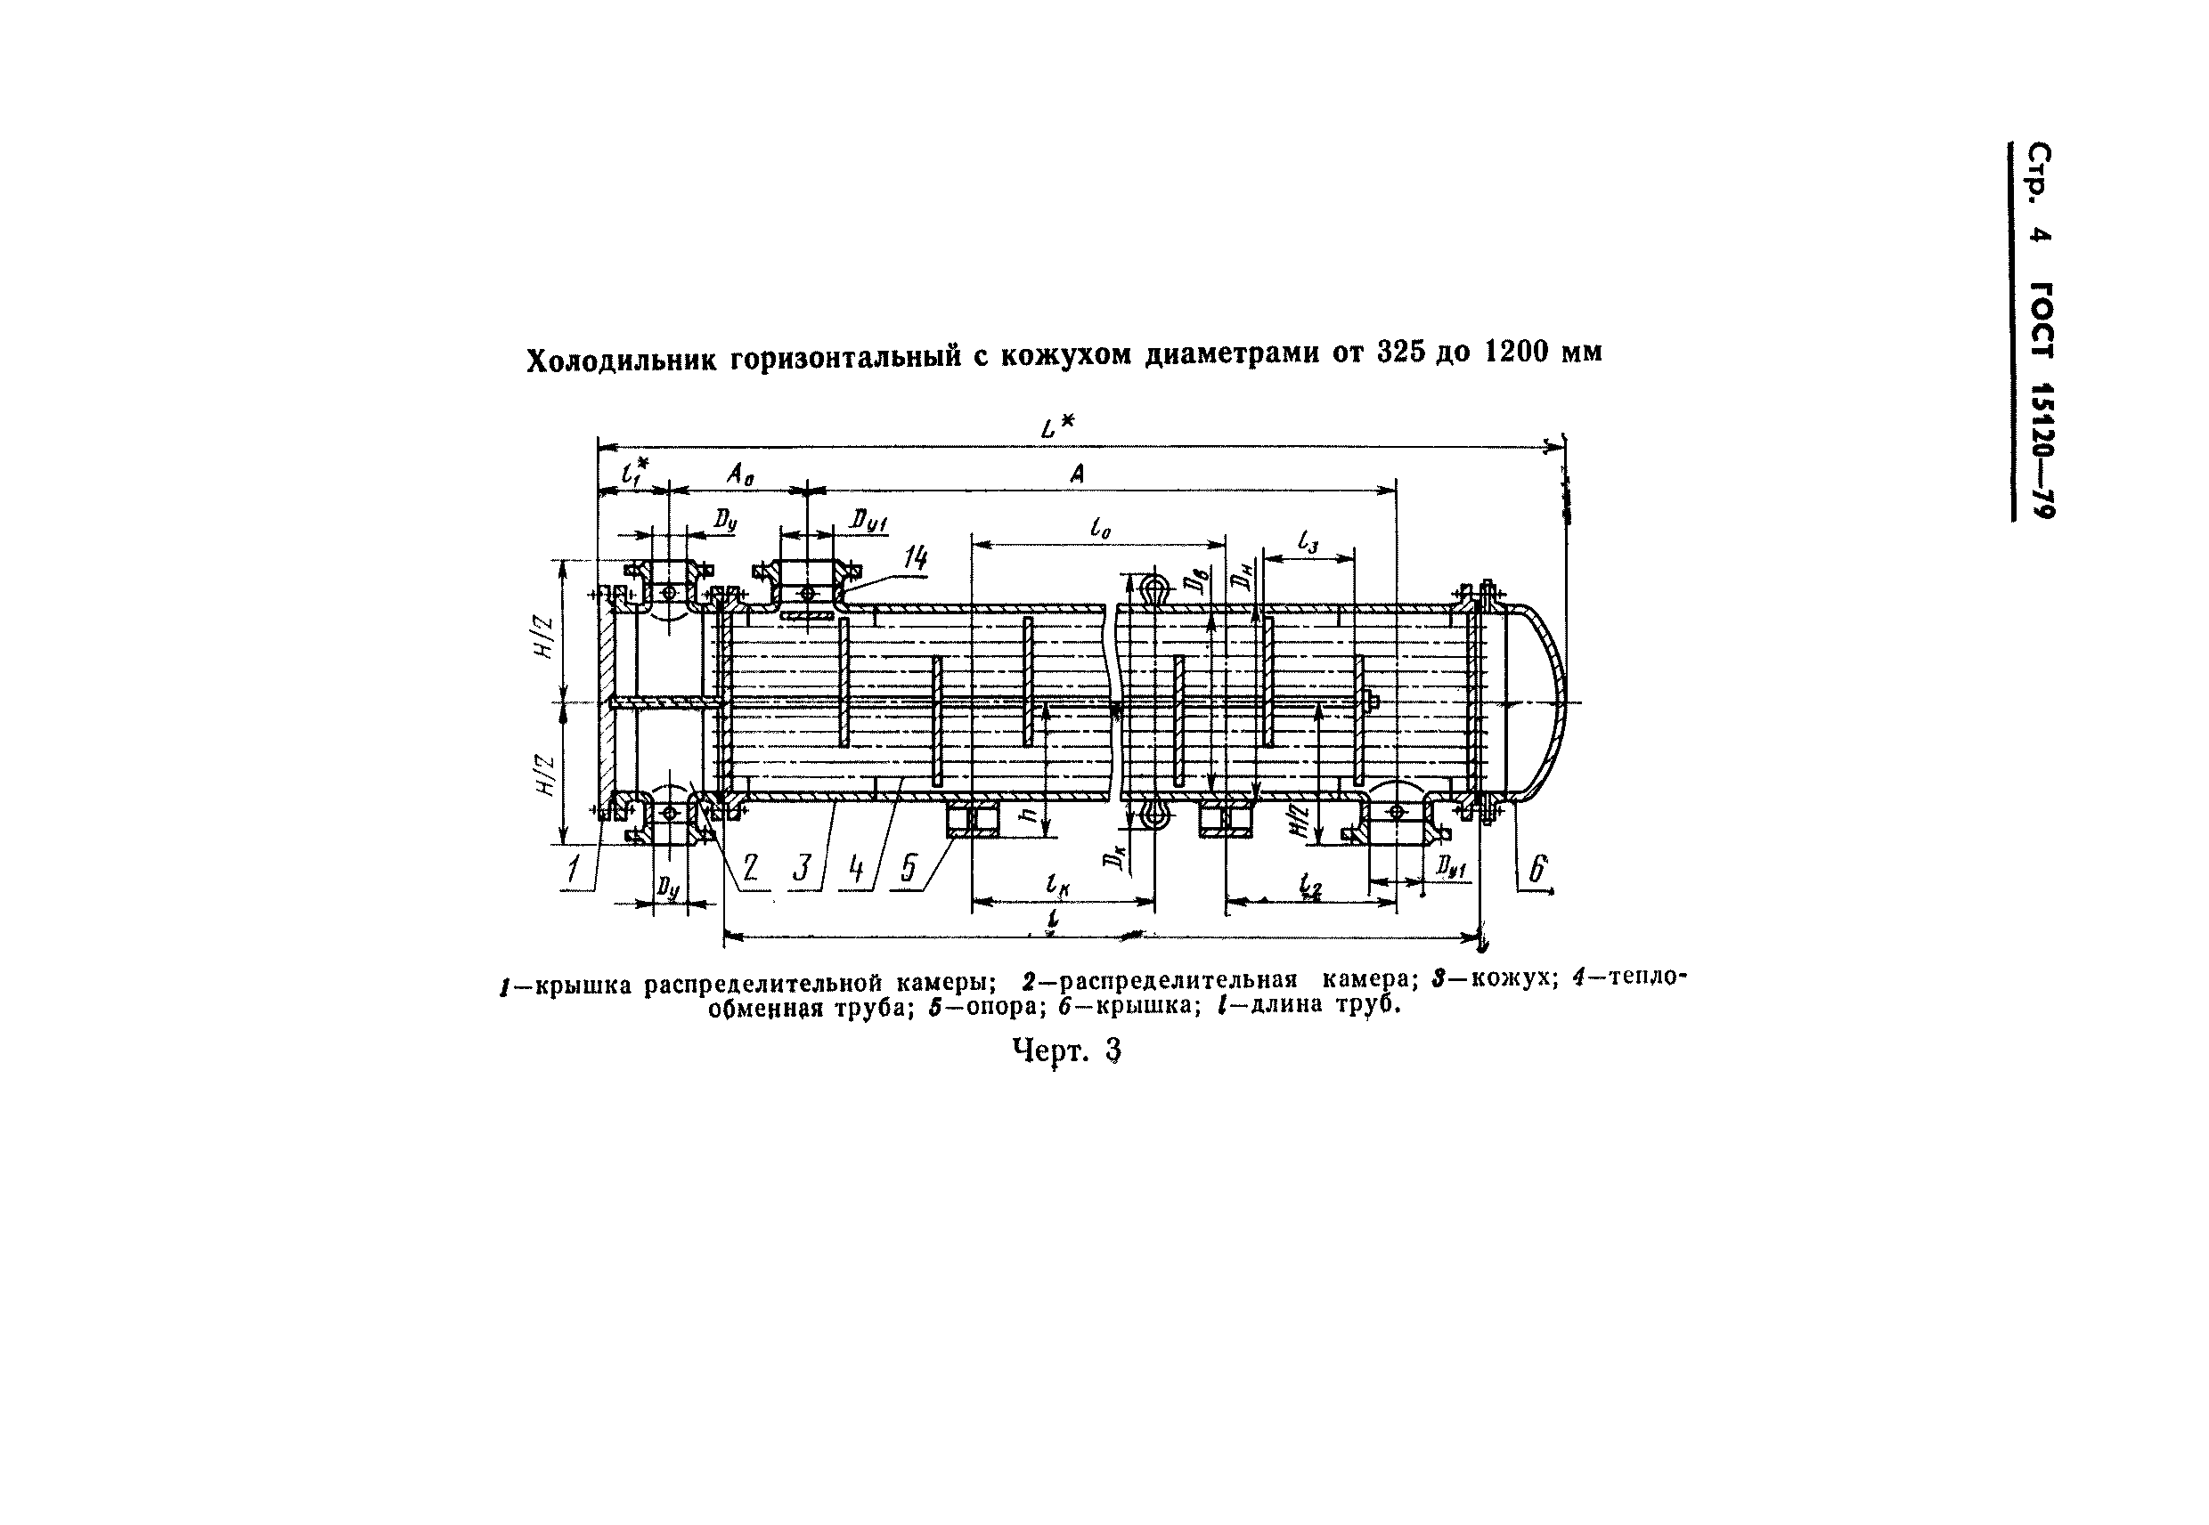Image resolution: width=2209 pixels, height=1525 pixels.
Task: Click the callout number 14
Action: click(915, 557)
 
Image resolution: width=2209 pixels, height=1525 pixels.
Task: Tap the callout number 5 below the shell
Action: click(908, 868)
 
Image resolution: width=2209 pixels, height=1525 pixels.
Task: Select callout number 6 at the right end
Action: click(1538, 869)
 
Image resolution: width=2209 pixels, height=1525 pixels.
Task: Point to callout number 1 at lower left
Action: click(573, 869)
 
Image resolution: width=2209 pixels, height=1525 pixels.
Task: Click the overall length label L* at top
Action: click(1057, 427)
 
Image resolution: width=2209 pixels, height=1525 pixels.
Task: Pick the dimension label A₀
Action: click(740, 473)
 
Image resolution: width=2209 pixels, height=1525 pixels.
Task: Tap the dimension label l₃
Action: click(1308, 542)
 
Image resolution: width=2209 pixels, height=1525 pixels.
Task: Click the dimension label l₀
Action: click(1100, 529)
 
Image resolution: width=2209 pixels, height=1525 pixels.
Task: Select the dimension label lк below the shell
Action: click(1058, 886)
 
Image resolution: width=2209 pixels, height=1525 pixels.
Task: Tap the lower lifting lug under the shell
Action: click(1154, 815)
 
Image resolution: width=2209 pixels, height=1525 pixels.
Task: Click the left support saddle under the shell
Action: click(972, 820)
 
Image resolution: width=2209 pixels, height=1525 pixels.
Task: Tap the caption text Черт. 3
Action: click(1066, 1051)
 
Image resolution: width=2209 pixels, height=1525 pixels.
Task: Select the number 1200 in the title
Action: click(1517, 352)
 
